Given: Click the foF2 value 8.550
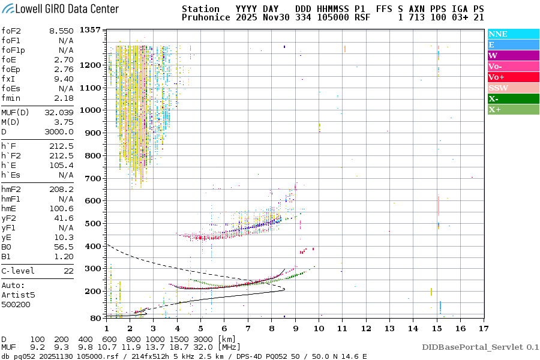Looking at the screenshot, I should coord(61,31).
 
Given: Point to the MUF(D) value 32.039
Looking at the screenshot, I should coord(59,112).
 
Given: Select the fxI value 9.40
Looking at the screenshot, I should coord(64,79).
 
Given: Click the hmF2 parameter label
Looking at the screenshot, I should coord(13,189).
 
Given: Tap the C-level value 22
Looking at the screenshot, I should coord(68,271).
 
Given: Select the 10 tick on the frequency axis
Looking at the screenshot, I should coord(319,328).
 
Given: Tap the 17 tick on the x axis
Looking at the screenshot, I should coord(484,328).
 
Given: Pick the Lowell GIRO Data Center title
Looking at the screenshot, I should coord(60,8).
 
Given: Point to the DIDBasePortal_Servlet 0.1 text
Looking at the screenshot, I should coord(480,347).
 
